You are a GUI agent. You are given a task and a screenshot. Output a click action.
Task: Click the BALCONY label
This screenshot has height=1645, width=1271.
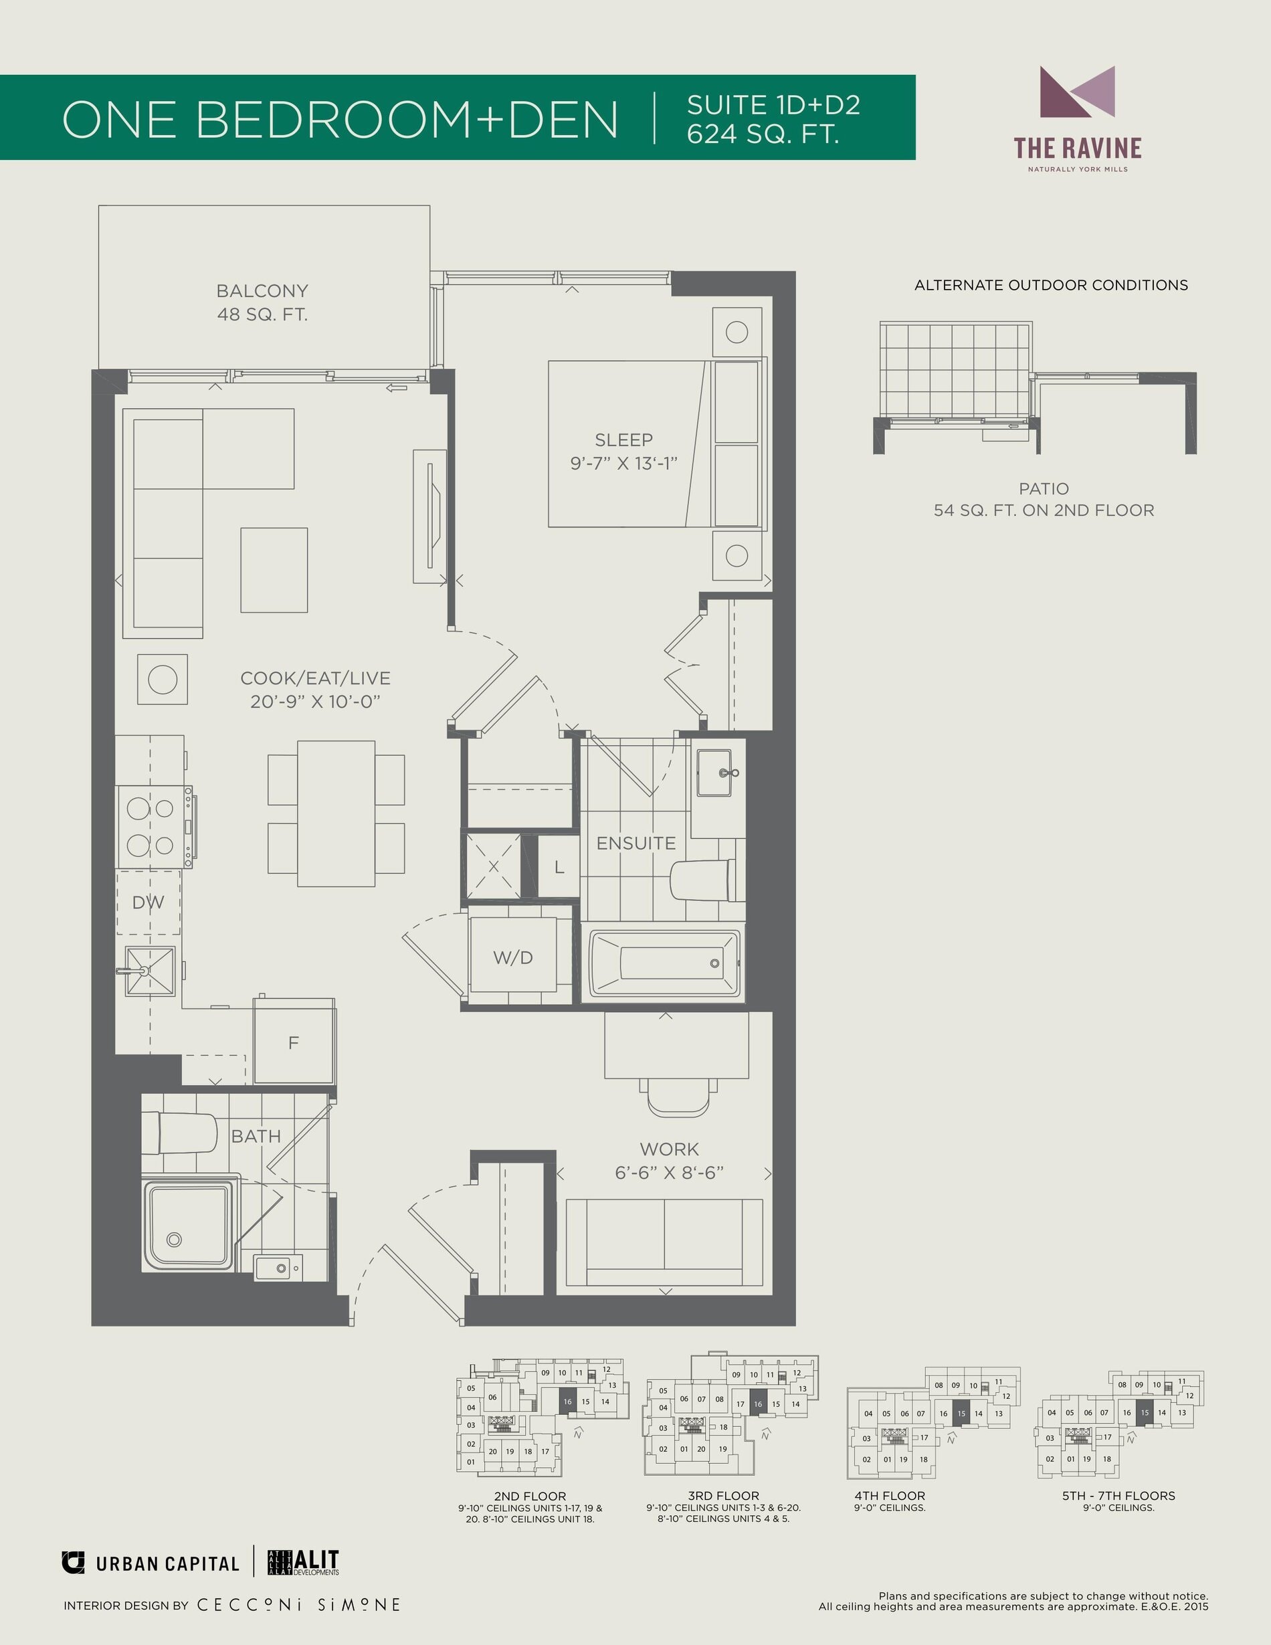(262, 291)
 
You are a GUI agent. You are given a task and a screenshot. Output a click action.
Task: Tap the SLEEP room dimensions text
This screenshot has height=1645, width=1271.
(623, 463)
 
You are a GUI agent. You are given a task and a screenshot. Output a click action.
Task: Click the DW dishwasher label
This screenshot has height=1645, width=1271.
(148, 902)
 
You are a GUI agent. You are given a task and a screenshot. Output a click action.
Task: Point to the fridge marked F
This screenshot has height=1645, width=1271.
(294, 1042)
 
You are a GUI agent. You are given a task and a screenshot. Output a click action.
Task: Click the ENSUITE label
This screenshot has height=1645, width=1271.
(635, 844)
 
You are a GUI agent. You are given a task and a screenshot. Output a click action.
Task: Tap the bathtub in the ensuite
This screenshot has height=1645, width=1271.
(664, 963)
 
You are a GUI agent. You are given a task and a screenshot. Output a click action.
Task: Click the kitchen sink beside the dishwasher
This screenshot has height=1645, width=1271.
(150, 971)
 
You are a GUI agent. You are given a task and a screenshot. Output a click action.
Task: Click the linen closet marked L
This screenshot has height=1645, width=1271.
(559, 867)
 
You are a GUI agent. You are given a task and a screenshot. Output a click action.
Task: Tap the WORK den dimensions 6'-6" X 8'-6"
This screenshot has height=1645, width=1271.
(669, 1173)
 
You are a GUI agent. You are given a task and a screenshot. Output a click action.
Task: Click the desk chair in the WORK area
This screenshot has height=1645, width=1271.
(678, 1096)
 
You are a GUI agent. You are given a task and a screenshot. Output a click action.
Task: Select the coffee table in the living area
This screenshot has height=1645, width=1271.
(274, 569)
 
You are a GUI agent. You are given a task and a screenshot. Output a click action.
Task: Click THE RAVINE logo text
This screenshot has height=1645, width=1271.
(1078, 149)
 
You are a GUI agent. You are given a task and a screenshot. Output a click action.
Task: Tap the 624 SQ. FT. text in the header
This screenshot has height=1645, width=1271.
(763, 134)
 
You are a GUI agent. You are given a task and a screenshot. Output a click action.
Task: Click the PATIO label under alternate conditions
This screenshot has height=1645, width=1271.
(1044, 488)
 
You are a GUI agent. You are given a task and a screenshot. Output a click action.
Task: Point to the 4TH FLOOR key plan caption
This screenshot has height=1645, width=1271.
(889, 1495)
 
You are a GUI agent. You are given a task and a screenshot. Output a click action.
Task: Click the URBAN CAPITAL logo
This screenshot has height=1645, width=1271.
(151, 1563)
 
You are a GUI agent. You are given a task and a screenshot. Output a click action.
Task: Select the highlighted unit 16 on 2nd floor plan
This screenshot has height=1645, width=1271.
(568, 1401)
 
